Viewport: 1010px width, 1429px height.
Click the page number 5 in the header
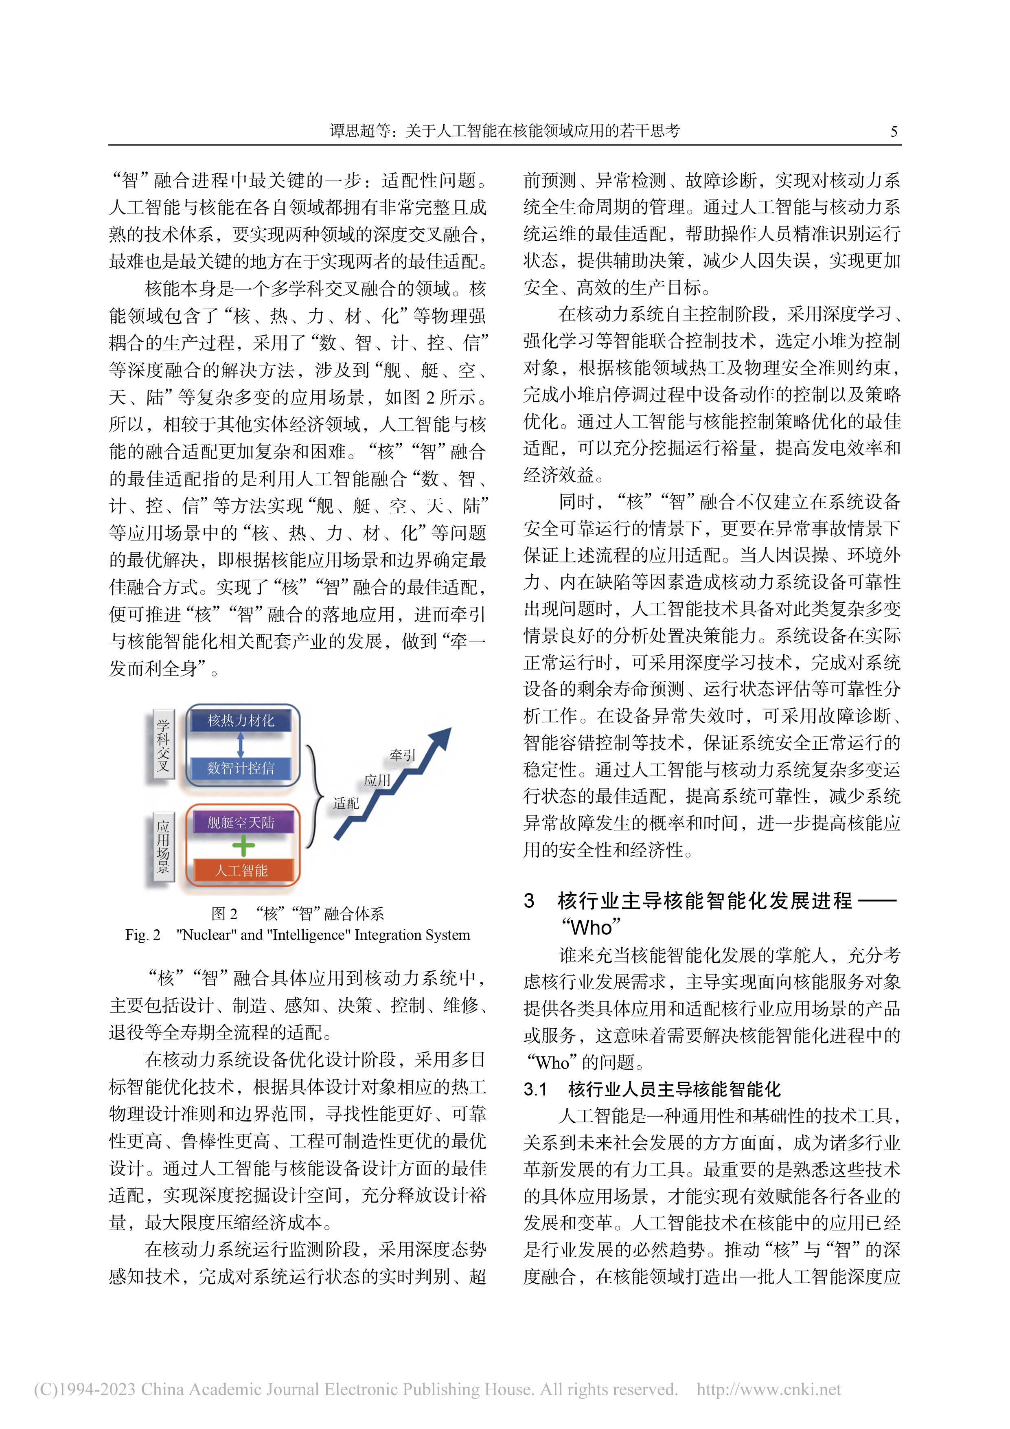tap(894, 131)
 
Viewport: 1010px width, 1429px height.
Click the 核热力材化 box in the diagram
tap(241, 721)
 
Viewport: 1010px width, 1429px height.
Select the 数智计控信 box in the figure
tap(241, 768)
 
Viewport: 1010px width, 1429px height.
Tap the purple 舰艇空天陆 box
tap(241, 822)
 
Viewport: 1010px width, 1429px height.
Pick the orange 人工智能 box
tap(241, 870)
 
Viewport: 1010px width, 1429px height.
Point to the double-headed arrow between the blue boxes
tap(241, 744)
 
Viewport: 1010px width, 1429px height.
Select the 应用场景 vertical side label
tap(163, 847)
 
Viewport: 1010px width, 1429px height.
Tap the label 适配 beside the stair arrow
tap(346, 803)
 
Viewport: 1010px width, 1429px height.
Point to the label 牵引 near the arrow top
tap(403, 755)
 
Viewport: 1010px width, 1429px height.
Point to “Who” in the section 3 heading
tap(591, 927)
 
